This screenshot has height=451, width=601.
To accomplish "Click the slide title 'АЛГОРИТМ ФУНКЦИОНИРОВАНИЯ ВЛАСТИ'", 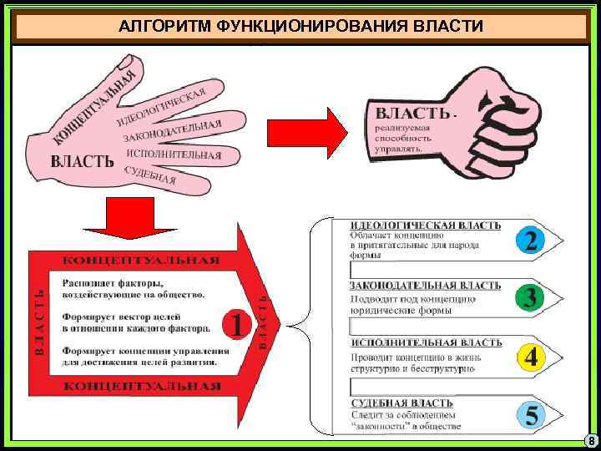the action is (x=300, y=26).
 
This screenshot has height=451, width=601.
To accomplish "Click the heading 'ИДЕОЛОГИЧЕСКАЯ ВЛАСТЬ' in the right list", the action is (x=426, y=225).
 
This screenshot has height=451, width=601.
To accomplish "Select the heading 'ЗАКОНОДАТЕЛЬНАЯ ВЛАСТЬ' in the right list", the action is (x=426, y=286).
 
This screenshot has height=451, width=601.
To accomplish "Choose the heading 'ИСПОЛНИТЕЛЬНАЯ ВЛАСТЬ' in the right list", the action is (x=426, y=343).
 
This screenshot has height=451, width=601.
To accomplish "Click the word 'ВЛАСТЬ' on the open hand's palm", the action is (x=83, y=161).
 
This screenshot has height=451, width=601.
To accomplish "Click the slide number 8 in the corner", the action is (x=590, y=441).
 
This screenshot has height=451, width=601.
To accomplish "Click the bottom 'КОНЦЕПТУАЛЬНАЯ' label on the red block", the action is (x=142, y=386).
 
